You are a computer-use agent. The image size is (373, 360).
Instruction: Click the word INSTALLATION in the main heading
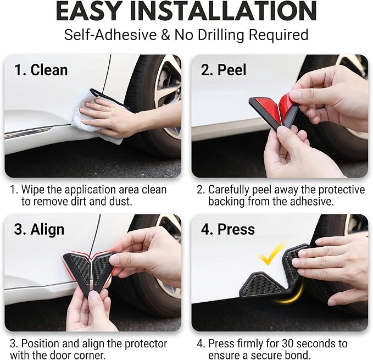[224, 11]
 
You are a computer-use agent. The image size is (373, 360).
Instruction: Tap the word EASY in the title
[88, 11]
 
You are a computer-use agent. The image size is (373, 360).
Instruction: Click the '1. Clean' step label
[41, 70]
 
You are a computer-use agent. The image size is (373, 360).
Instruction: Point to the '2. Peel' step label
[224, 70]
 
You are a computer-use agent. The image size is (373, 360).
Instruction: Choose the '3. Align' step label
[39, 230]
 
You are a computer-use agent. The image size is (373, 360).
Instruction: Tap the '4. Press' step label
[227, 229]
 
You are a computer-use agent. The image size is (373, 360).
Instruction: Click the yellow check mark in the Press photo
[271, 254]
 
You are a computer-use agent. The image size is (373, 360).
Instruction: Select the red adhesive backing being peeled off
[287, 104]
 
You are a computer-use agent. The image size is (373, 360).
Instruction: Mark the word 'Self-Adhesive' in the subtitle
[110, 35]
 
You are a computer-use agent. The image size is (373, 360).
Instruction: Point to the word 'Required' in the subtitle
[279, 35]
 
